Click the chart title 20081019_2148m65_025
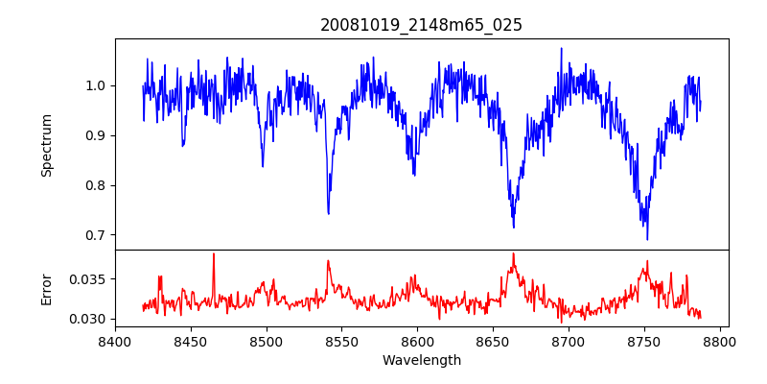(x=421, y=25)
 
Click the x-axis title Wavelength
(x=421, y=360)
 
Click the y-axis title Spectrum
(x=46, y=145)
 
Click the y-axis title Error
(x=46, y=289)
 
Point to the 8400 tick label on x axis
(x=115, y=341)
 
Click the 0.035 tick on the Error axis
(x=89, y=279)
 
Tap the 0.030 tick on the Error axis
(x=89, y=319)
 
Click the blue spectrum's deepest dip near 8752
(x=647, y=239)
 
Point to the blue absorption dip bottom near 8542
(x=328, y=213)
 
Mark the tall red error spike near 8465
(x=214, y=254)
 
